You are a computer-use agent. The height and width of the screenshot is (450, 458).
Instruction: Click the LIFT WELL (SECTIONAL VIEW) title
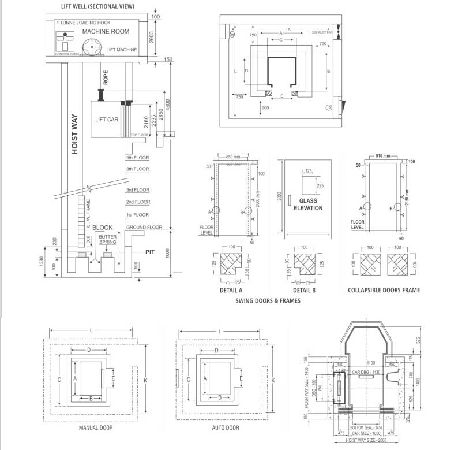[x=97, y=6]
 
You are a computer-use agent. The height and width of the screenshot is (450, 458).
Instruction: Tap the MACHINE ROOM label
[x=106, y=31]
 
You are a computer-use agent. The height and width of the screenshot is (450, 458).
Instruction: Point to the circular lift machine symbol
[x=93, y=48]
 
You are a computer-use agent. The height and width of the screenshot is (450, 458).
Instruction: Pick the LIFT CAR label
[x=107, y=119]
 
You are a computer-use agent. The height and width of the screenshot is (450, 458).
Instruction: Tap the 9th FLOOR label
[x=137, y=157]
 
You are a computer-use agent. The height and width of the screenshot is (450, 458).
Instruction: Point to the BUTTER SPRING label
[x=108, y=240]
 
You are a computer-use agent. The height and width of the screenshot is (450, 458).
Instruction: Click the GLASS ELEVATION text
[x=308, y=204]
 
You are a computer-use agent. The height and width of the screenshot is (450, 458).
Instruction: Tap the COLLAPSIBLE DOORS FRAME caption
[x=383, y=290]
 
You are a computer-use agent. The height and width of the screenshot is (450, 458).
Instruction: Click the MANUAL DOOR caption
[x=96, y=428]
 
